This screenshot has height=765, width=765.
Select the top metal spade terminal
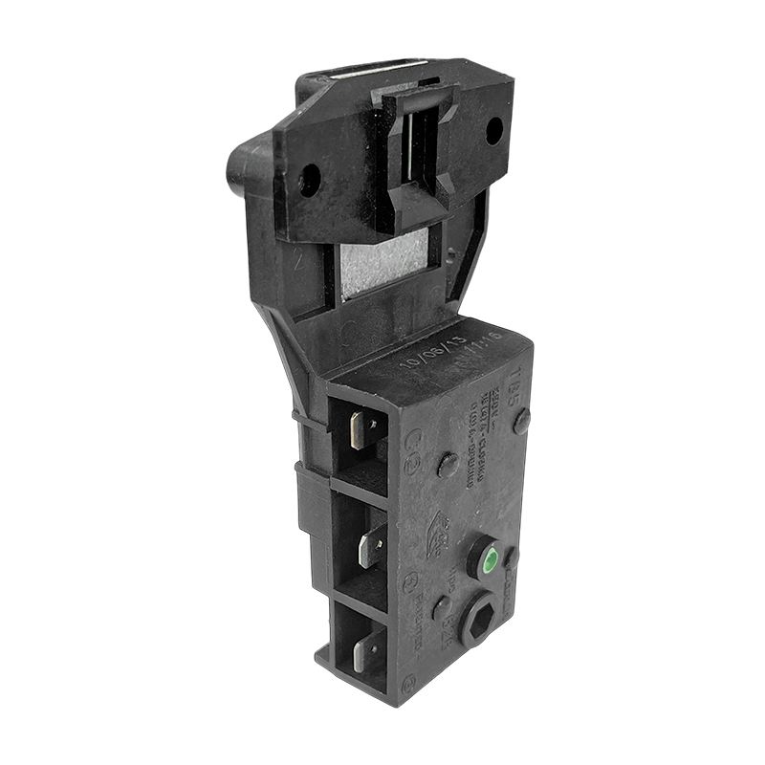(360, 430)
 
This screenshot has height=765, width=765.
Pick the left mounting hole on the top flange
(309, 178)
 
